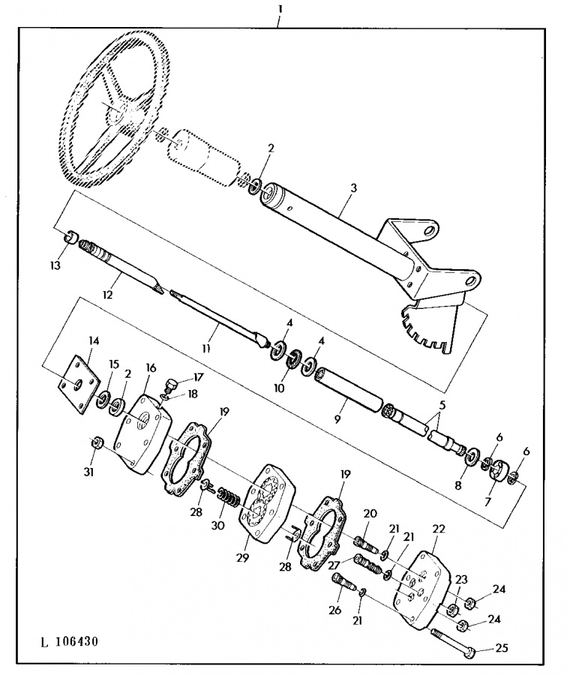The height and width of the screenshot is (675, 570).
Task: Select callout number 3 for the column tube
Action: click(353, 188)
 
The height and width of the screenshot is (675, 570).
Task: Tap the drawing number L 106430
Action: click(69, 641)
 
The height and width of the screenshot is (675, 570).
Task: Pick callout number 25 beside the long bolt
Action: click(502, 647)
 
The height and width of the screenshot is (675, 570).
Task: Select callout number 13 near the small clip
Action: click(55, 265)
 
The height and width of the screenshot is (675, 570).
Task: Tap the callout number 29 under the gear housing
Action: click(243, 558)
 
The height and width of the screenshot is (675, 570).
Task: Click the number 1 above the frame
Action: click(280, 9)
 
